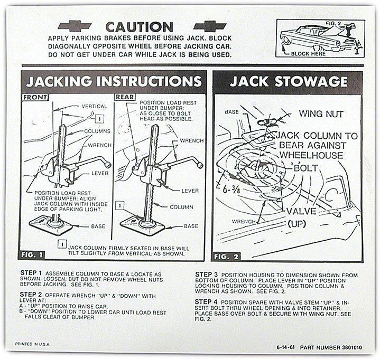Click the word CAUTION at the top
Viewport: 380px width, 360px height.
pyautogui.click(x=139, y=26)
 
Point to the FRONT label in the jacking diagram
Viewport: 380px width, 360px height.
pyautogui.click(x=35, y=98)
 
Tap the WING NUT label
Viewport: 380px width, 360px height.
pyautogui.click(x=321, y=113)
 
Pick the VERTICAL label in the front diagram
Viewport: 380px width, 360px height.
pyautogui.click(x=94, y=106)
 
